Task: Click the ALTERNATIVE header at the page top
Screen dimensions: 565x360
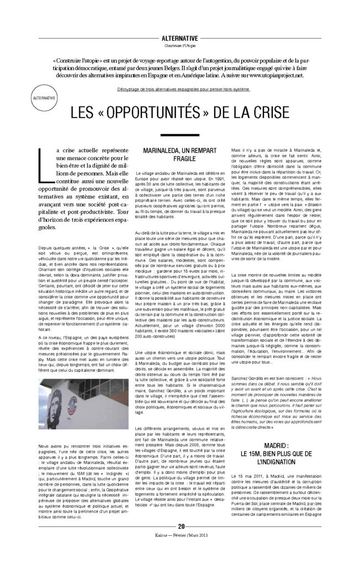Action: pyautogui.click(x=179, y=37)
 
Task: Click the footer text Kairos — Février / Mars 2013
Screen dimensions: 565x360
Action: pyautogui.click(x=180, y=550)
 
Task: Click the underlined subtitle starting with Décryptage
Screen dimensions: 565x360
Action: pyautogui.click(x=180, y=89)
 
